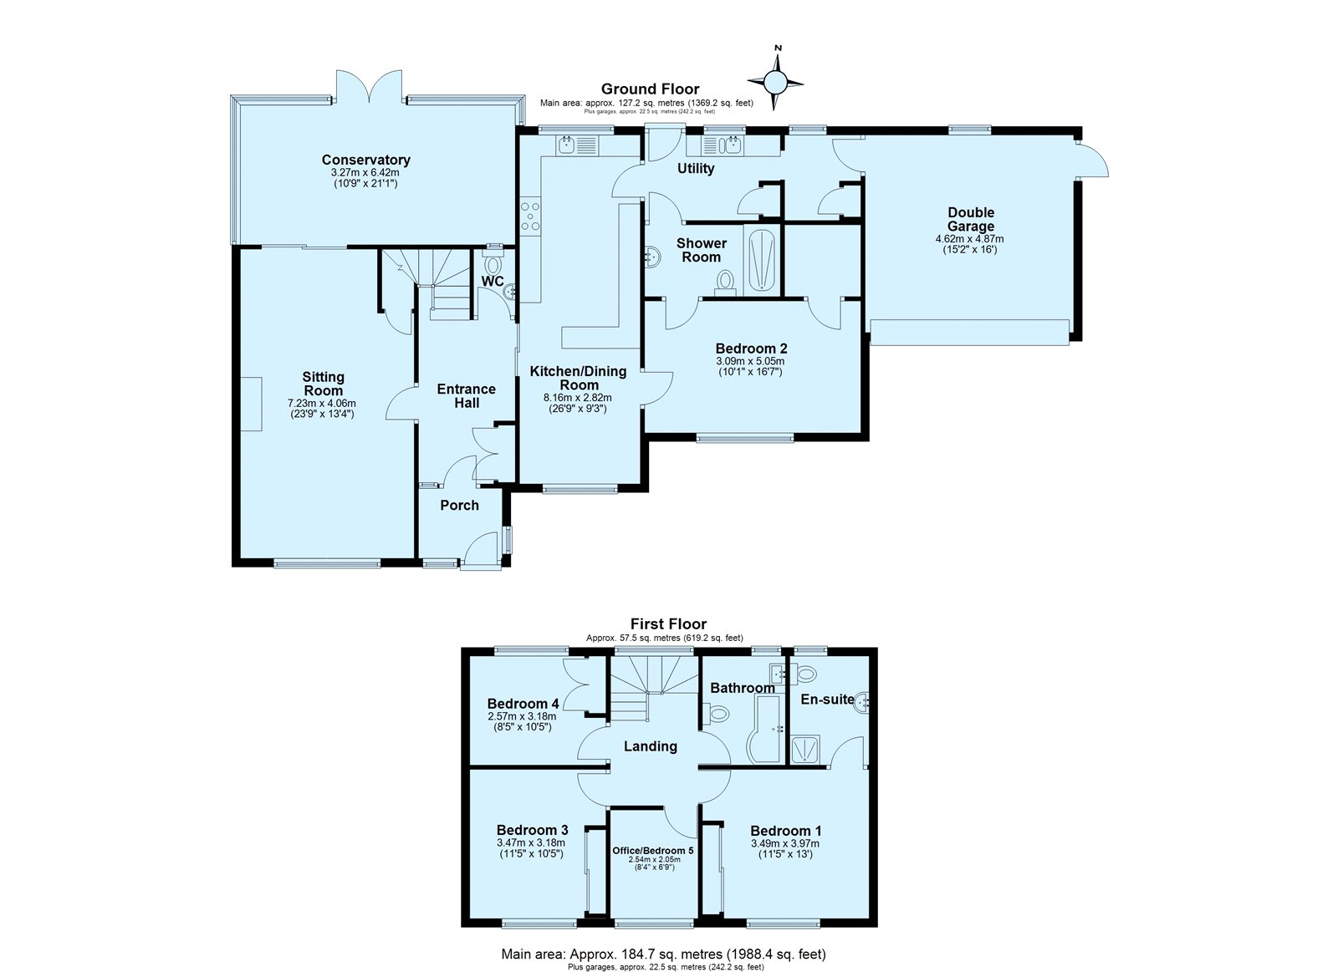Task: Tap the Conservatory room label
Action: click(365, 160)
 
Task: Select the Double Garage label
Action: click(971, 219)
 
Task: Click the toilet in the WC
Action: click(493, 262)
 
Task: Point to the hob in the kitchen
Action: click(530, 216)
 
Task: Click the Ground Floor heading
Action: click(650, 89)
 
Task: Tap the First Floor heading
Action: click(668, 624)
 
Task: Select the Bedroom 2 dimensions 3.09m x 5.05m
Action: click(750, 361)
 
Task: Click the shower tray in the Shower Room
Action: click(761, 260)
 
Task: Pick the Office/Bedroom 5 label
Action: click(653, 850)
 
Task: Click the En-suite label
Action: click(827, 700)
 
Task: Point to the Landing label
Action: click(651, 746)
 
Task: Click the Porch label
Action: click(459, 506)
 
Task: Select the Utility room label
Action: click(696, 168)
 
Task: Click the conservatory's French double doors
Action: click(369, 84)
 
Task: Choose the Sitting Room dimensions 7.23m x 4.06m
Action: click(322, 404)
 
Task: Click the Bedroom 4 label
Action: click(523, 704)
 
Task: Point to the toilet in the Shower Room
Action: click(726, 282)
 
